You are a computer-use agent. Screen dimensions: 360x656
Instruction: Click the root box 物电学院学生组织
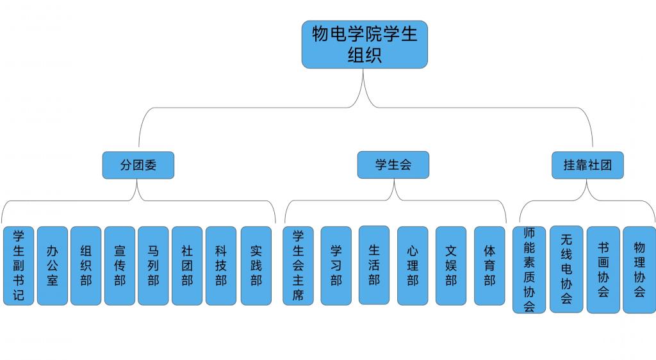[x=365, y=44]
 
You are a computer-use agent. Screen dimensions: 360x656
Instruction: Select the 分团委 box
[x=138, y=165]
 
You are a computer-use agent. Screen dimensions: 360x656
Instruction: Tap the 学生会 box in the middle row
[x=393, y=165]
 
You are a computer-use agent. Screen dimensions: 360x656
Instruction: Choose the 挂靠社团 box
[x=587, y=165]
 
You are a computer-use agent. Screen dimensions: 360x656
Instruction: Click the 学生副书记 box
[x=18, y=265]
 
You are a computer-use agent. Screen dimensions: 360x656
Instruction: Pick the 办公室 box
[x=52, y=265]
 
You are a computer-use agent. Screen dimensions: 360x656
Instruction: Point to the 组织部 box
[x=86, y=265]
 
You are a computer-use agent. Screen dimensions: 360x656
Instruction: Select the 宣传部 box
[x=120, y=265]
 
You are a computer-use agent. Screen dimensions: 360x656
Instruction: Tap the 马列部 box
[x=153, y=265]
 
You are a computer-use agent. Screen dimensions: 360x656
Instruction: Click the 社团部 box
[x=187, y=265]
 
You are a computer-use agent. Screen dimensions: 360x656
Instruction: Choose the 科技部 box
[x=221, y=265]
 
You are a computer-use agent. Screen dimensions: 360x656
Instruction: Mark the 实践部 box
[x=256, y=265]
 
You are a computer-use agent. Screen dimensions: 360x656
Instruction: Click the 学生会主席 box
[x=298, y=265]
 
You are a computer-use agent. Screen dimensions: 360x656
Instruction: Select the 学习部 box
[x=336, y=265]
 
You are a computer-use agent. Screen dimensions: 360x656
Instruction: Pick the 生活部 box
[x=374, y=265]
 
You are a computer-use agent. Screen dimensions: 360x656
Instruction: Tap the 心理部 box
[x=413, y=265]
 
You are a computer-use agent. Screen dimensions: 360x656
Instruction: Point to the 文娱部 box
[x=451, y=265]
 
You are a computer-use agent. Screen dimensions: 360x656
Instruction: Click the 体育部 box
[x=489, y=265]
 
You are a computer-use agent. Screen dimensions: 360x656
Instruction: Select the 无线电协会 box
[x=566, y=269]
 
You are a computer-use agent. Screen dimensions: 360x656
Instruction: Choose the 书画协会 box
[x=603, y=269]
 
